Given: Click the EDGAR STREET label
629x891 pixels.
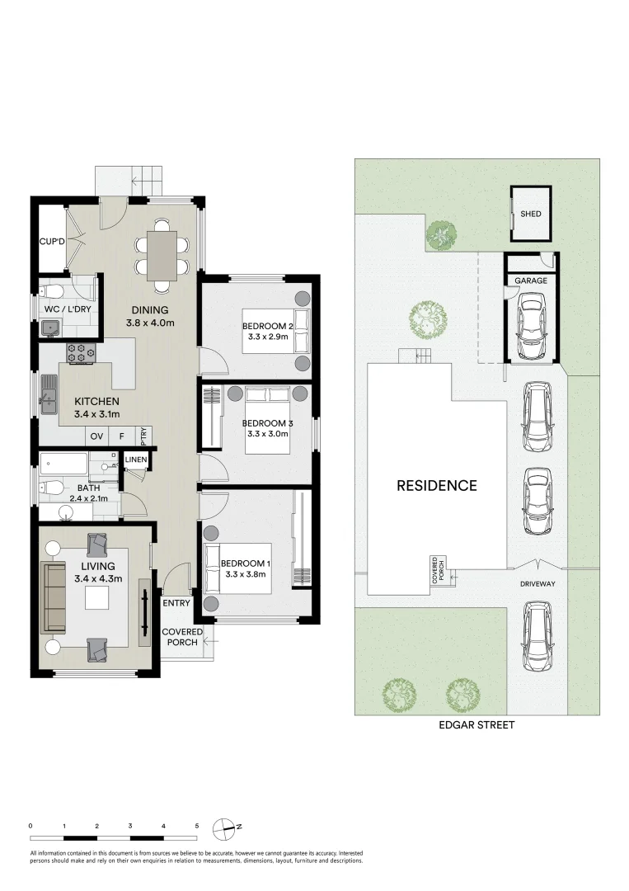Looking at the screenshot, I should click(476, 725).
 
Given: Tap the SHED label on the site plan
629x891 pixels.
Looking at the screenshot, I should click(531, 214).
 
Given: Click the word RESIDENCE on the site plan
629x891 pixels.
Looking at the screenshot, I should click(437, 485).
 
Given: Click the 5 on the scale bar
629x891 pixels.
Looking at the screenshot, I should click(197, 825).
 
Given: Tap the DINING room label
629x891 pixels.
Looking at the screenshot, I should click(149, 310).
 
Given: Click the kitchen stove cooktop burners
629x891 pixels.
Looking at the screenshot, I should click(82, 353).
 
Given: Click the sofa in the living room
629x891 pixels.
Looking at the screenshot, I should click(54, 596).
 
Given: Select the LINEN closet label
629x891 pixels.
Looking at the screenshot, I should click(135, 460).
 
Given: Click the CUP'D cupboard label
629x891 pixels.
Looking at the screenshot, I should click(51, 243).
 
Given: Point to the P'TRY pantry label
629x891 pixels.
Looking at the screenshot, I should click(144, 434).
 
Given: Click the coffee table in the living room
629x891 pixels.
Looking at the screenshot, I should click(96, 599).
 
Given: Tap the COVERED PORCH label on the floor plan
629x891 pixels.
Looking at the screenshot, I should click(181, 637).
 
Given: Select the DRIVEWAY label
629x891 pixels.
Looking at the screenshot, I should click(537, 583).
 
